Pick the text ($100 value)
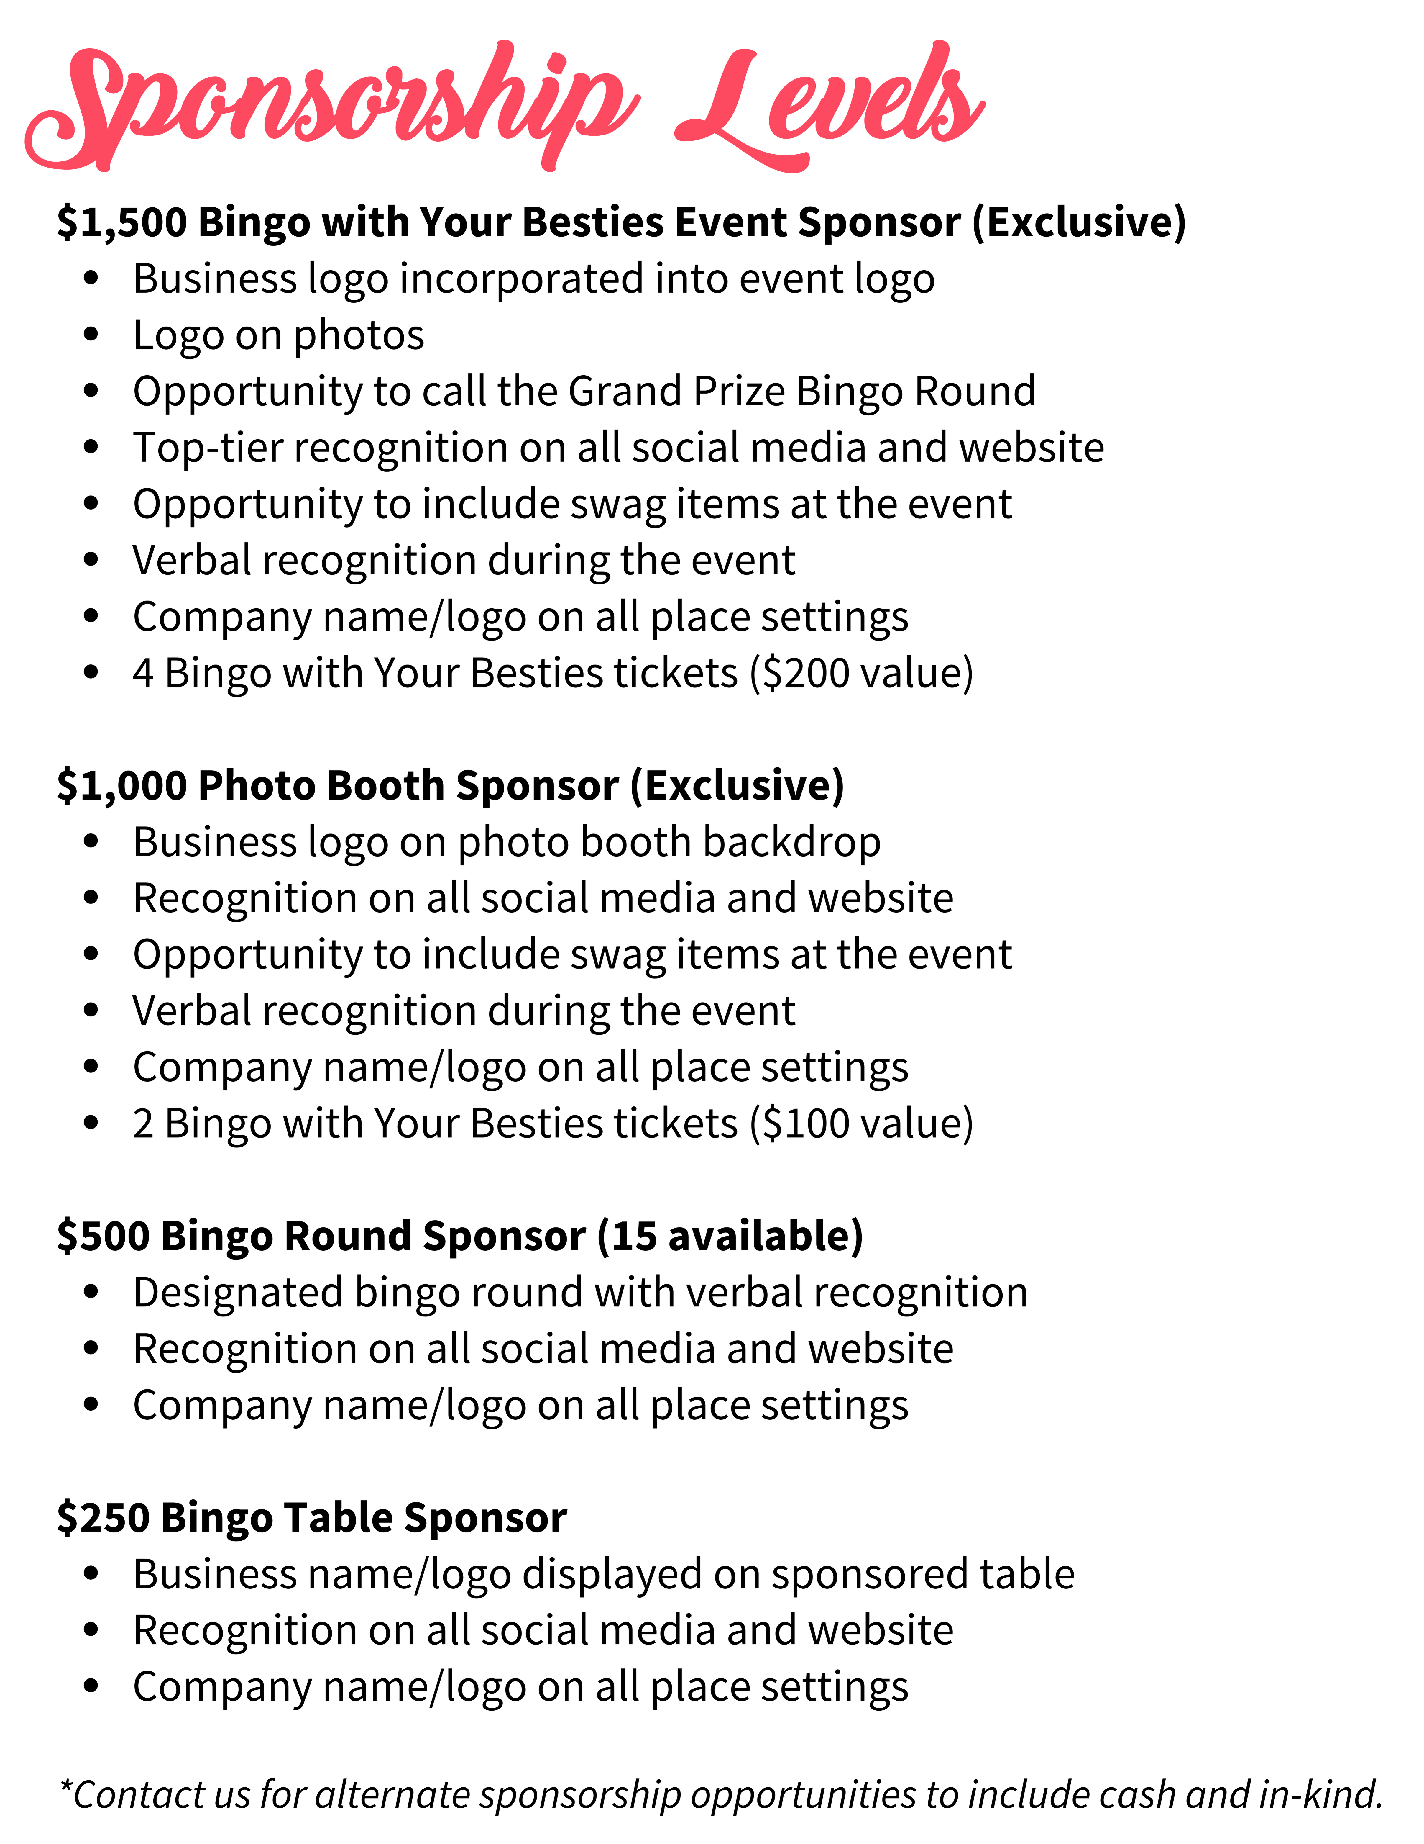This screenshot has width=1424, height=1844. tap(861, 1124)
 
